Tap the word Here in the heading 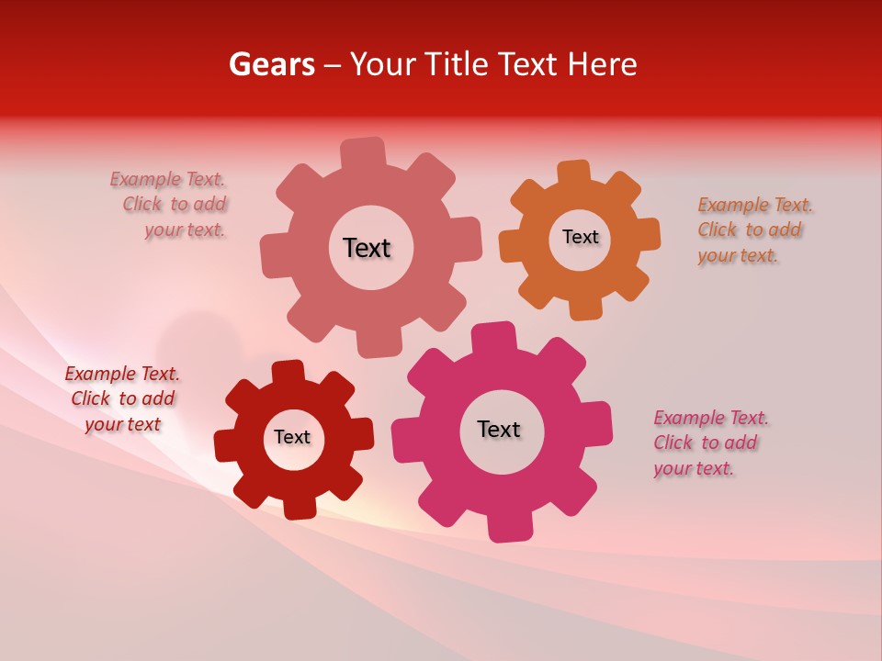coord(603,64)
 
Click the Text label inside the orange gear coord(581,237)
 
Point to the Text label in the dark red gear coord(292,437)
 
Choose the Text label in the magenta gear coord(499,429)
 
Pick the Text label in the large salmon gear coord(367,248)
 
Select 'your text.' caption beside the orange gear coord(738,256)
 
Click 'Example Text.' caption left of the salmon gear coord(167,179)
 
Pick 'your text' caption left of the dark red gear coord(122,424)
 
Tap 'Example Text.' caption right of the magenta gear coord(711,419)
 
